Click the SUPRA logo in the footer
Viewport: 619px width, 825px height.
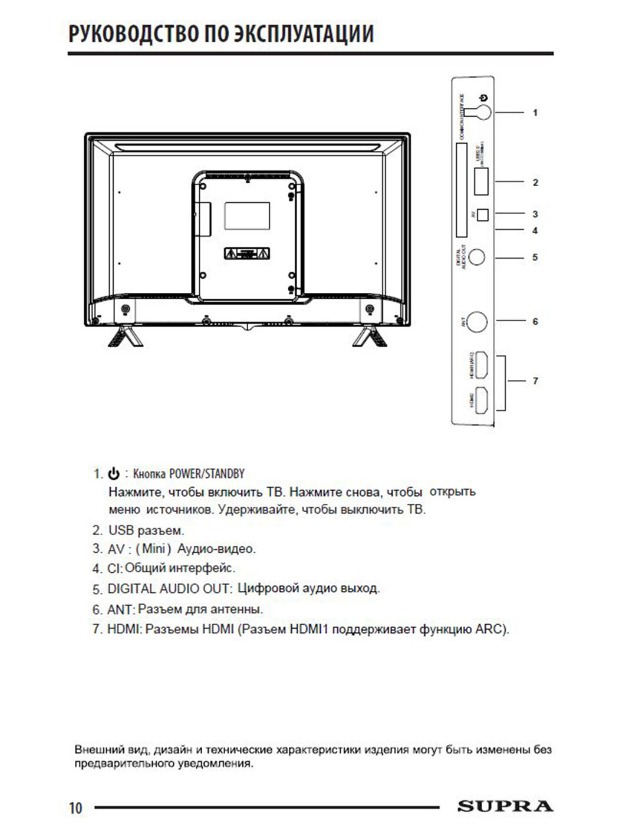505,806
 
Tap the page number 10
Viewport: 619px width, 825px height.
75,808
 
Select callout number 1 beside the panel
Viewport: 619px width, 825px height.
535,112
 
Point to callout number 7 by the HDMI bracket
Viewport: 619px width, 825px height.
535,381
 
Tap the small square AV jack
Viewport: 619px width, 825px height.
482,214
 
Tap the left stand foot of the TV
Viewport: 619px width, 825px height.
121,336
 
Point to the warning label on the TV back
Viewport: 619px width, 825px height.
247,255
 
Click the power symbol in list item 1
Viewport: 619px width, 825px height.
114,474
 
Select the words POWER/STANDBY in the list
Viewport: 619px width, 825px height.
206,474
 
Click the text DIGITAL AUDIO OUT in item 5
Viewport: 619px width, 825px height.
170,589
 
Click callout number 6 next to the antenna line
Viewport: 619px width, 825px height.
535,322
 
